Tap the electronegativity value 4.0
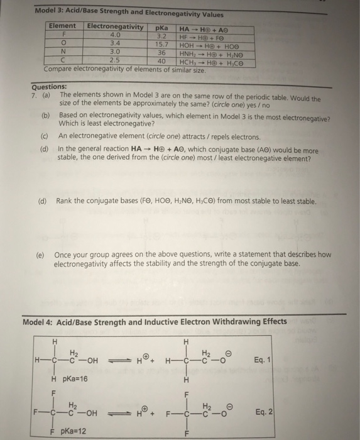pyautogui.click(x=115, y=35)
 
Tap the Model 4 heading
pyautogui.click(x=155, y=322)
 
